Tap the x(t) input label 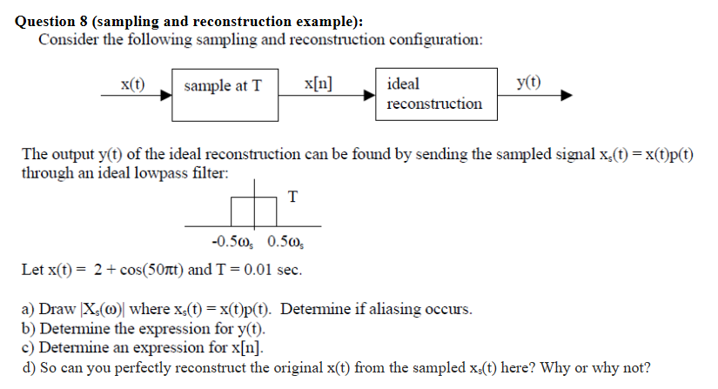coord(132,84)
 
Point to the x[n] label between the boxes coord(319,84)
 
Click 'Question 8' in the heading coord(52,22)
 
